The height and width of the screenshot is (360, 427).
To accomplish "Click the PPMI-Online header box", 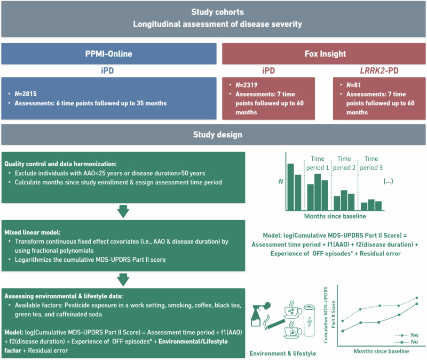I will click(x=109, y=54).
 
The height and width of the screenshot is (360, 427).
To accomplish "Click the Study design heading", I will click(x=213, y=135).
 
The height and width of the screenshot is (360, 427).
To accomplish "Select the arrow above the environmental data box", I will click(x=123, y=279).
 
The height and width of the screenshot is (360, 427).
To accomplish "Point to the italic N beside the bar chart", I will click(x=281, y=182).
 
